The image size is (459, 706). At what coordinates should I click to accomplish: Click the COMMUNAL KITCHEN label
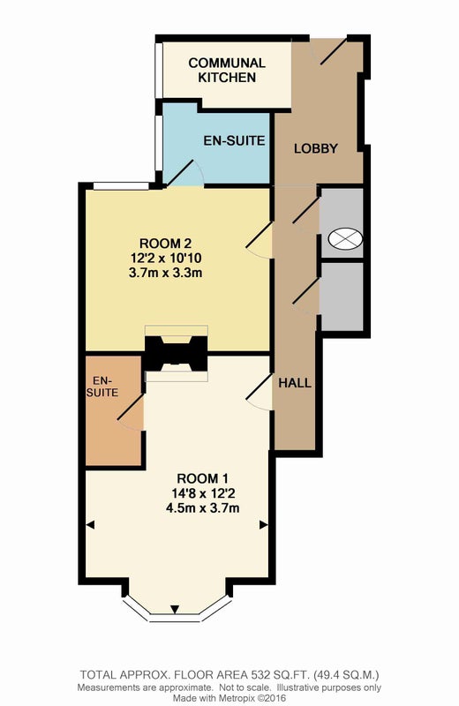pyautogui.click(x=227, y=70)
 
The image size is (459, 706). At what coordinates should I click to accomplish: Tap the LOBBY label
pyautogui.click(x=316, y=148)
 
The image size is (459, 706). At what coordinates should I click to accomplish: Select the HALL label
pyautogui.click(x=295, y=383)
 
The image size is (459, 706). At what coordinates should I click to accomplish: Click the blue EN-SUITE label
pyautogui.click(x=234, y=140)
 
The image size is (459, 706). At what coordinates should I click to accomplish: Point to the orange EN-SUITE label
pyautogui.click(x=102, y=387)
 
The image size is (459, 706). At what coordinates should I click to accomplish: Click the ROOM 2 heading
pyautogui.click(x=165, y=244)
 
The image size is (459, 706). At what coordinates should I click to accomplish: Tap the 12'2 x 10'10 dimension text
pyautogui.click(x=166, y=258)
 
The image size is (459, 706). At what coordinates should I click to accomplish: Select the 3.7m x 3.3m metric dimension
pyautogui.click(x=166, y=273)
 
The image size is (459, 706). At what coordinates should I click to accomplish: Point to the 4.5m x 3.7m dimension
pyautogui.click(x=203, y=508)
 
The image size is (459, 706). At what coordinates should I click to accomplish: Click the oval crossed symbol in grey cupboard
pyautogui.click(x=345, y=237)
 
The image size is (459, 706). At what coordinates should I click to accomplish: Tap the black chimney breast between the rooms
pyautogui.click(x=177, y=354)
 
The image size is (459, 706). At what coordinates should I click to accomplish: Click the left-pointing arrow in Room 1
pyautogui.click(x=90, y=524)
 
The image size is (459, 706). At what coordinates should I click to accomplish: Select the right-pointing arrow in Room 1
pyautogui.click(x=264, y=524)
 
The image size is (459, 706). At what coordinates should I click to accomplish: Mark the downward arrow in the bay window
pyautogui.click(x=175, y=610)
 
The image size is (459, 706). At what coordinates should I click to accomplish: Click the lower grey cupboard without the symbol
pyautogui.click(x=342, y=297)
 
